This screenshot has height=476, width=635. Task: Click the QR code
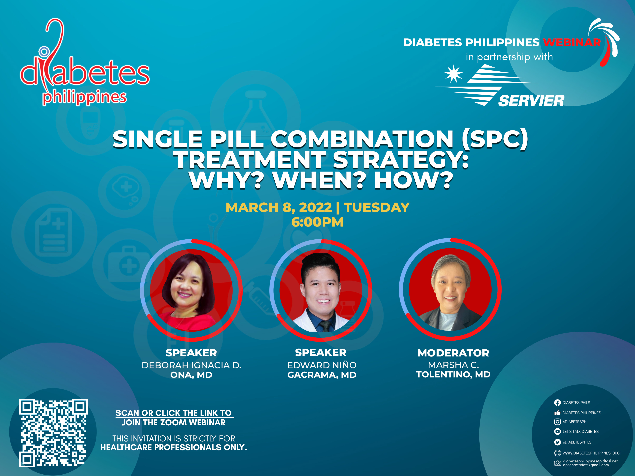[x=53, y=433]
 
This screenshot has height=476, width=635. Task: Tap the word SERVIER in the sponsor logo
[x=531, y=101]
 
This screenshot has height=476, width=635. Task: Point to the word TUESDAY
[x=377, y=207]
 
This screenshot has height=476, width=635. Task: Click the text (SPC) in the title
[x=495, y=139]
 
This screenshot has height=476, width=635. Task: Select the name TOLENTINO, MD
[x=453, y=374]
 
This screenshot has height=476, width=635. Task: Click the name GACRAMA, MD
[x=322, y=375]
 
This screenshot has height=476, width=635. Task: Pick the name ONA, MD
[x=191, y=375]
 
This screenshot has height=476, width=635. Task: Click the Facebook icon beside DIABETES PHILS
[x=557, y=402]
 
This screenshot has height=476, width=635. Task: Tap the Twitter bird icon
[x=557, y=442]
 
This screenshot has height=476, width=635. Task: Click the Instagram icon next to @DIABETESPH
[x=557, y=422]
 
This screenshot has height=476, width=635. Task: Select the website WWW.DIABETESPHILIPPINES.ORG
[x=591, y=453]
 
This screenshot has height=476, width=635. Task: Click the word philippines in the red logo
[x=85, y=97]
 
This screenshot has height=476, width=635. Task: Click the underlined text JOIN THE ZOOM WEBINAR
[x=174, y=423]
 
